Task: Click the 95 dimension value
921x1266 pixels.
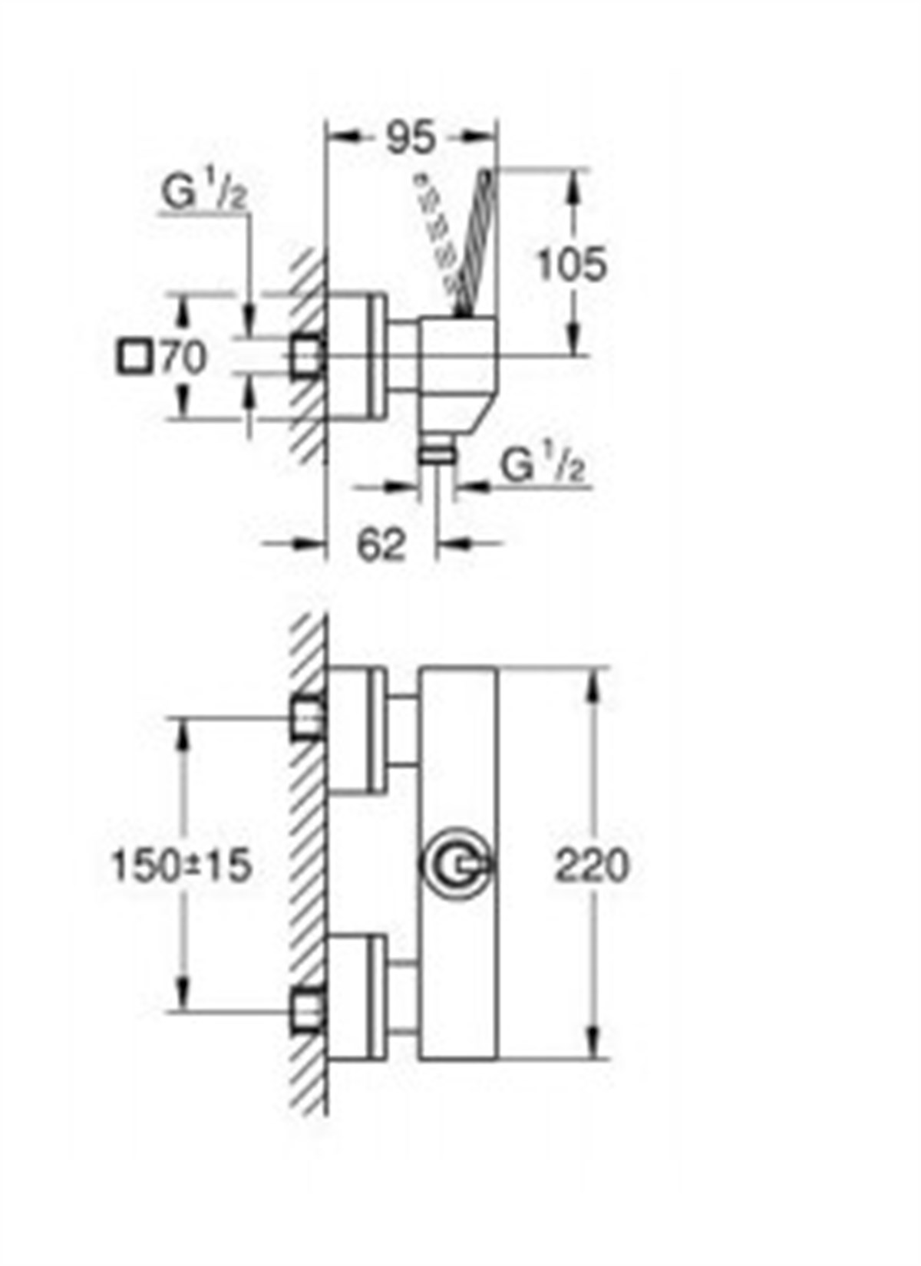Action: (409, 138)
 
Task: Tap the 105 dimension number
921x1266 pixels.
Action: (570, 265)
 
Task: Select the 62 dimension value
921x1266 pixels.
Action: (381, 545)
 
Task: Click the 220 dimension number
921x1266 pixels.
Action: (592, 865)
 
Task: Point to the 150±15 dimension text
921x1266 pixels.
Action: (182, 866)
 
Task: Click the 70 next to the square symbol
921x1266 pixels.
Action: (183, 358)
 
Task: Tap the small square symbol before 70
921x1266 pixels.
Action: (132, 358)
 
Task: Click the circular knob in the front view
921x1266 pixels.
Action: (456, 865)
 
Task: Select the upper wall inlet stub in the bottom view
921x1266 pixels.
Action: (307, 718)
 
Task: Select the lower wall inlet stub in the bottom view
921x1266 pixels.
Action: (307, 1010)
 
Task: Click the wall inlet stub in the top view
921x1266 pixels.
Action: (307, 357)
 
